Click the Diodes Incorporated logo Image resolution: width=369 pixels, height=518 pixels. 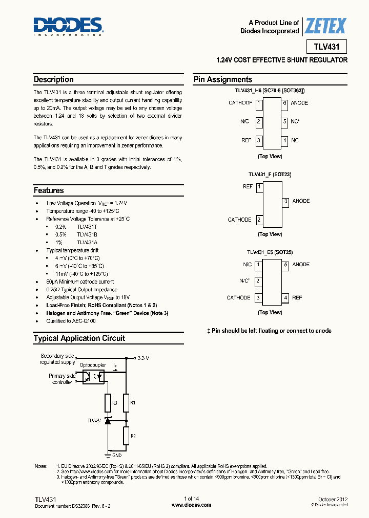[x=68, y=26]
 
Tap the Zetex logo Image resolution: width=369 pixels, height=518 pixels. [x=325, y=26]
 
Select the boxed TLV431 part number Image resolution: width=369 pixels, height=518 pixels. [x=326, y=47]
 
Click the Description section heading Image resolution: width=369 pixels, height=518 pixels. [x=53, y=79]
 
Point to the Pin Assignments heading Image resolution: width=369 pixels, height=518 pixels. [x=222, y=79]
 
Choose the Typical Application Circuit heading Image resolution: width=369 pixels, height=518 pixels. [x=79, y=338]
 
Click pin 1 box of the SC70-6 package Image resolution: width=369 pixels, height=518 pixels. [x=259, y=103]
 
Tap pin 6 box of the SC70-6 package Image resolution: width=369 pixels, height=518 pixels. [x=284, y=103]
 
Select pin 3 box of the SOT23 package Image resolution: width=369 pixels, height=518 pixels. [x=285, y=201]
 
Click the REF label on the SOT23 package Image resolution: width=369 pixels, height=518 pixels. [x=248, y=187]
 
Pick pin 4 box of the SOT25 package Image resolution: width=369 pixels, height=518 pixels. [x=284, y=297]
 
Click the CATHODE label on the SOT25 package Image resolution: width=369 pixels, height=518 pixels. [x=238, y=297]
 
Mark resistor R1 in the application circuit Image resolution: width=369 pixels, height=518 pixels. [x=125, y=403]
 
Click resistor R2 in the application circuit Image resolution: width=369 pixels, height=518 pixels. [x=125, y=436]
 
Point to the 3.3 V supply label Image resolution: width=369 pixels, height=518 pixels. [x=143, y=358]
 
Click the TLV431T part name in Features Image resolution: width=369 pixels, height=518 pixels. [x=87, y=227]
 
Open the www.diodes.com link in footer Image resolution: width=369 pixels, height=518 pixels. [x=191, y=505]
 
